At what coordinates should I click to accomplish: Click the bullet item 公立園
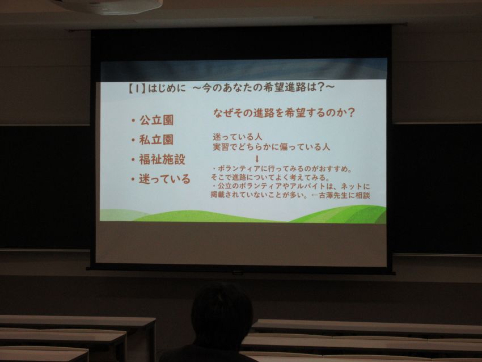pyautogui.click(x=157, y=120)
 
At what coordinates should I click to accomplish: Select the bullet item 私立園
pyautogui.click(x=157, y=140)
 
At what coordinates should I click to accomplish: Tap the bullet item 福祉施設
pyautogui.click(x=162, y=159)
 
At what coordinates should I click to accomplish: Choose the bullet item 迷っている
pyautogui.click(x=165, y=179)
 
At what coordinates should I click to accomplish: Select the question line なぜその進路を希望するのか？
pyautogui.click(x=284, y=112)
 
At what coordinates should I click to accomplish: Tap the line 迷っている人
pyautogui.click(x=237, y=136)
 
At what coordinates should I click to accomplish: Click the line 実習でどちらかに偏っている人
pyautogui.click(x=272, y=147)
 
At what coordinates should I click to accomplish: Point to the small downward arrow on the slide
pyautogui.click(x=257, y=159)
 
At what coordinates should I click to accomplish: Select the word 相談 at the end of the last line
pyautogui.click(x=363, y=195)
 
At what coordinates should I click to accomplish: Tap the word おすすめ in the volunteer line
pyautogui.click(x=334, y=169)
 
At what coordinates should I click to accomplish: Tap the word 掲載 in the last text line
pyautogui.click(x=218, y=195)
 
